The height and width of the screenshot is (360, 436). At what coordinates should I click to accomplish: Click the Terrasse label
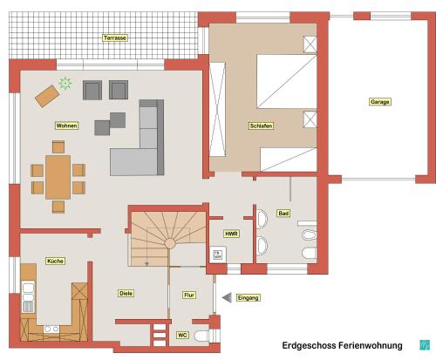[x=115, y=37]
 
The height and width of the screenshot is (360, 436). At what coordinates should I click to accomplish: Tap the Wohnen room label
[x=66, y=126]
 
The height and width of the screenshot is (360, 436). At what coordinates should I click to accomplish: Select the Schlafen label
[x=261, y=126]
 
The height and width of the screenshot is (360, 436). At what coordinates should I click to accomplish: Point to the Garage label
[x=380, y=102]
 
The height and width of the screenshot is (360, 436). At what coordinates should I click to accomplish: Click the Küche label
[x=55, y=261]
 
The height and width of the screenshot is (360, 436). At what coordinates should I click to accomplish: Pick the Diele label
[x=126, y=293]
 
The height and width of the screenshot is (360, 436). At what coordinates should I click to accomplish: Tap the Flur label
[x=189, y=295]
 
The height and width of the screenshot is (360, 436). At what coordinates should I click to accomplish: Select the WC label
[x=182, y=335]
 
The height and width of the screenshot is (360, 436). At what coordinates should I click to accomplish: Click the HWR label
[x=231, y=234]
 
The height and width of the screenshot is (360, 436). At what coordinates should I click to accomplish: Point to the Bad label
[x=283, y=214]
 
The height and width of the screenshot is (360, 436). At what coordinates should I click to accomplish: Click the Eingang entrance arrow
[x=227, y=298]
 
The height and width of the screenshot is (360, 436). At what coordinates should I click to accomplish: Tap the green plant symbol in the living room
[x=65, y=84]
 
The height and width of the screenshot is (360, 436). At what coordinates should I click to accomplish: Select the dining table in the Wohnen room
[x=58, y=177]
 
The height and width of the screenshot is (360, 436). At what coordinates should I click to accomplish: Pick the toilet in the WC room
[x=201, y=336]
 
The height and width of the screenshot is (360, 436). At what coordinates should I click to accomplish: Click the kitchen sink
[x=28, y=296]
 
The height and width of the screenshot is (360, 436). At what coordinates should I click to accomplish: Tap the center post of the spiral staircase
[x=170, y=243]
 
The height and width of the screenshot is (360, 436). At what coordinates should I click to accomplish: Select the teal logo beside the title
[x=425, y=345]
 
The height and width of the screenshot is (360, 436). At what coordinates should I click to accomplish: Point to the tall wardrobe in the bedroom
[x=217, y=109]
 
